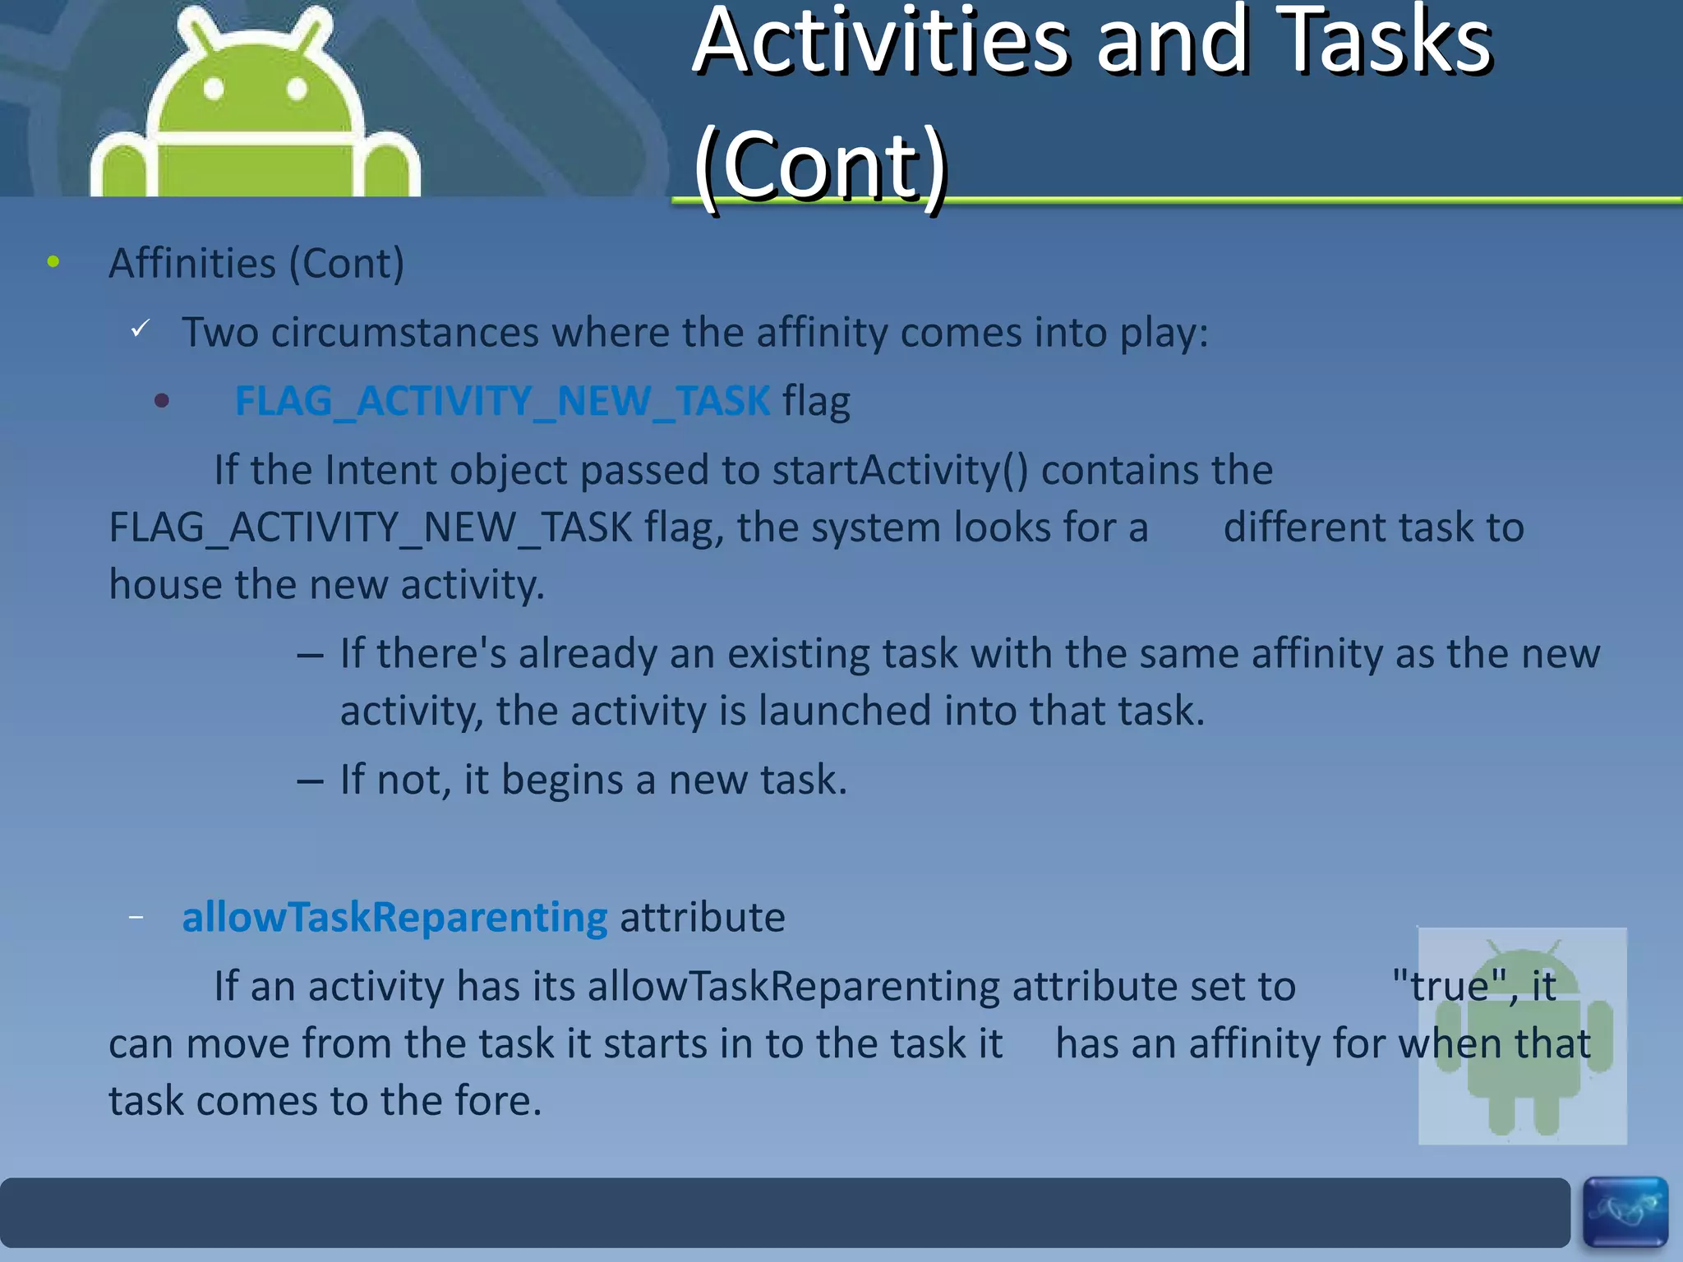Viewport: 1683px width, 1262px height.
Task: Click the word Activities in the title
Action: (879, 41)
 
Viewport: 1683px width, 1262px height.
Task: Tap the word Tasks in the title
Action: (1386, 41)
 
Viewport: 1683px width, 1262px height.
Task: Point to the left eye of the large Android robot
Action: (214, 88)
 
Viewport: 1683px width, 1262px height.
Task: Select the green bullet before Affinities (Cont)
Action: (53, 263)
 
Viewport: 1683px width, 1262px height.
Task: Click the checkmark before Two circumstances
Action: (141, 329)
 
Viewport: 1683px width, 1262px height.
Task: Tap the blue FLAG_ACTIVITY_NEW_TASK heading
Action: (502, 402)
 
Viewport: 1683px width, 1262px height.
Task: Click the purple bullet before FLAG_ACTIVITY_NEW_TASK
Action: (162, 401)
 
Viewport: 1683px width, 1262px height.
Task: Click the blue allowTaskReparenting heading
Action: (394, 918)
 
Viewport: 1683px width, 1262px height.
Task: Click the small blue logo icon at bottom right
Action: (1625, 1211)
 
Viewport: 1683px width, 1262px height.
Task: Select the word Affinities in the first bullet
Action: (192, 264)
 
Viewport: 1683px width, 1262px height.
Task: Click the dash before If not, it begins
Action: (310, 781)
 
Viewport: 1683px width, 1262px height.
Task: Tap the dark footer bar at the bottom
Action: (781, 1213)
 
